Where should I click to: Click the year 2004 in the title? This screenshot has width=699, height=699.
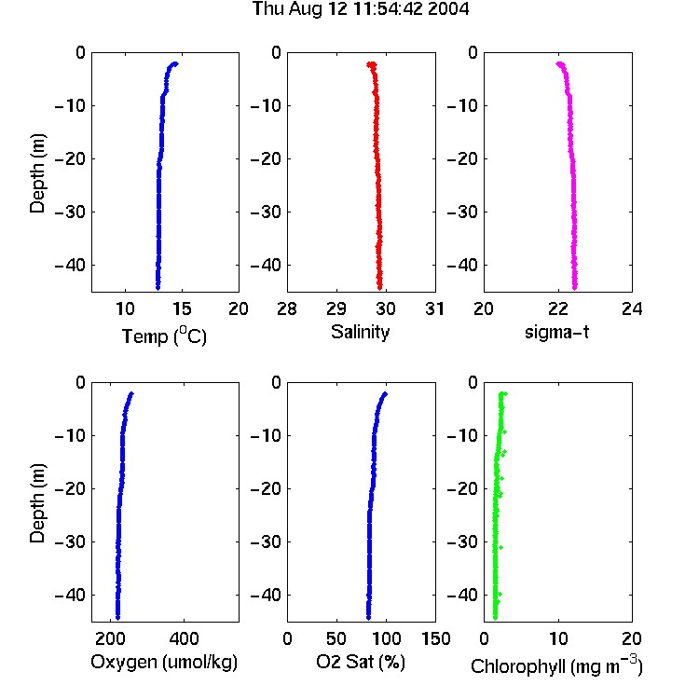tap(448, 9)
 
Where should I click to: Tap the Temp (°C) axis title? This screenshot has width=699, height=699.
tap(164, 336)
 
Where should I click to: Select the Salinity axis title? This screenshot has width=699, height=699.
tap(360, 332)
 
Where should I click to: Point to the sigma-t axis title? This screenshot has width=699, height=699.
tap(556, 332)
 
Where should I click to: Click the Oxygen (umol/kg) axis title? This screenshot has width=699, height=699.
tap(164, 662)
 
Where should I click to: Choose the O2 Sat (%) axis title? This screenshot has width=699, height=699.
tap(360, 662)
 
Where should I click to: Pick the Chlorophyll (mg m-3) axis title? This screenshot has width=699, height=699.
tap(556, 665)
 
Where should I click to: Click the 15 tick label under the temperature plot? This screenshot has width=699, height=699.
tap(182, 308)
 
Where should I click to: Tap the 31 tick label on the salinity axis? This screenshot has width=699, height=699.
tap(434, 308)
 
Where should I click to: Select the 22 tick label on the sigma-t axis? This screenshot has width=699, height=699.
tap(557, 308)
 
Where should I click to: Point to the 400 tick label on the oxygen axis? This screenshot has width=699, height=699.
tap(184, 638)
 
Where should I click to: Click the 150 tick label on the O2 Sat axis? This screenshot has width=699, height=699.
tap(435, 638)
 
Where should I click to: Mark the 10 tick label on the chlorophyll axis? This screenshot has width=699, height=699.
tap(557, 638)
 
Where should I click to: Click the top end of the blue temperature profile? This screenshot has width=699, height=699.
tap(176, 63)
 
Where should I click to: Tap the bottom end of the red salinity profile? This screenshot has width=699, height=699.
tap(380, 288)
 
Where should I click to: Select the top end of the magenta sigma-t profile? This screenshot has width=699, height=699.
tap(558, 63)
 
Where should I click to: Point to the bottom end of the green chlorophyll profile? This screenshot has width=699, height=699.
tap(495, 617)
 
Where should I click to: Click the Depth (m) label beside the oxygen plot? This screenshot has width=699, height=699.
tap(37, 503)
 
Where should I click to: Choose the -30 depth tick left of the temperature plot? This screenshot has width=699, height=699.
tap(70, 212)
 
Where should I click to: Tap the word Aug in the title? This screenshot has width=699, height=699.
tap(307, 9)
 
